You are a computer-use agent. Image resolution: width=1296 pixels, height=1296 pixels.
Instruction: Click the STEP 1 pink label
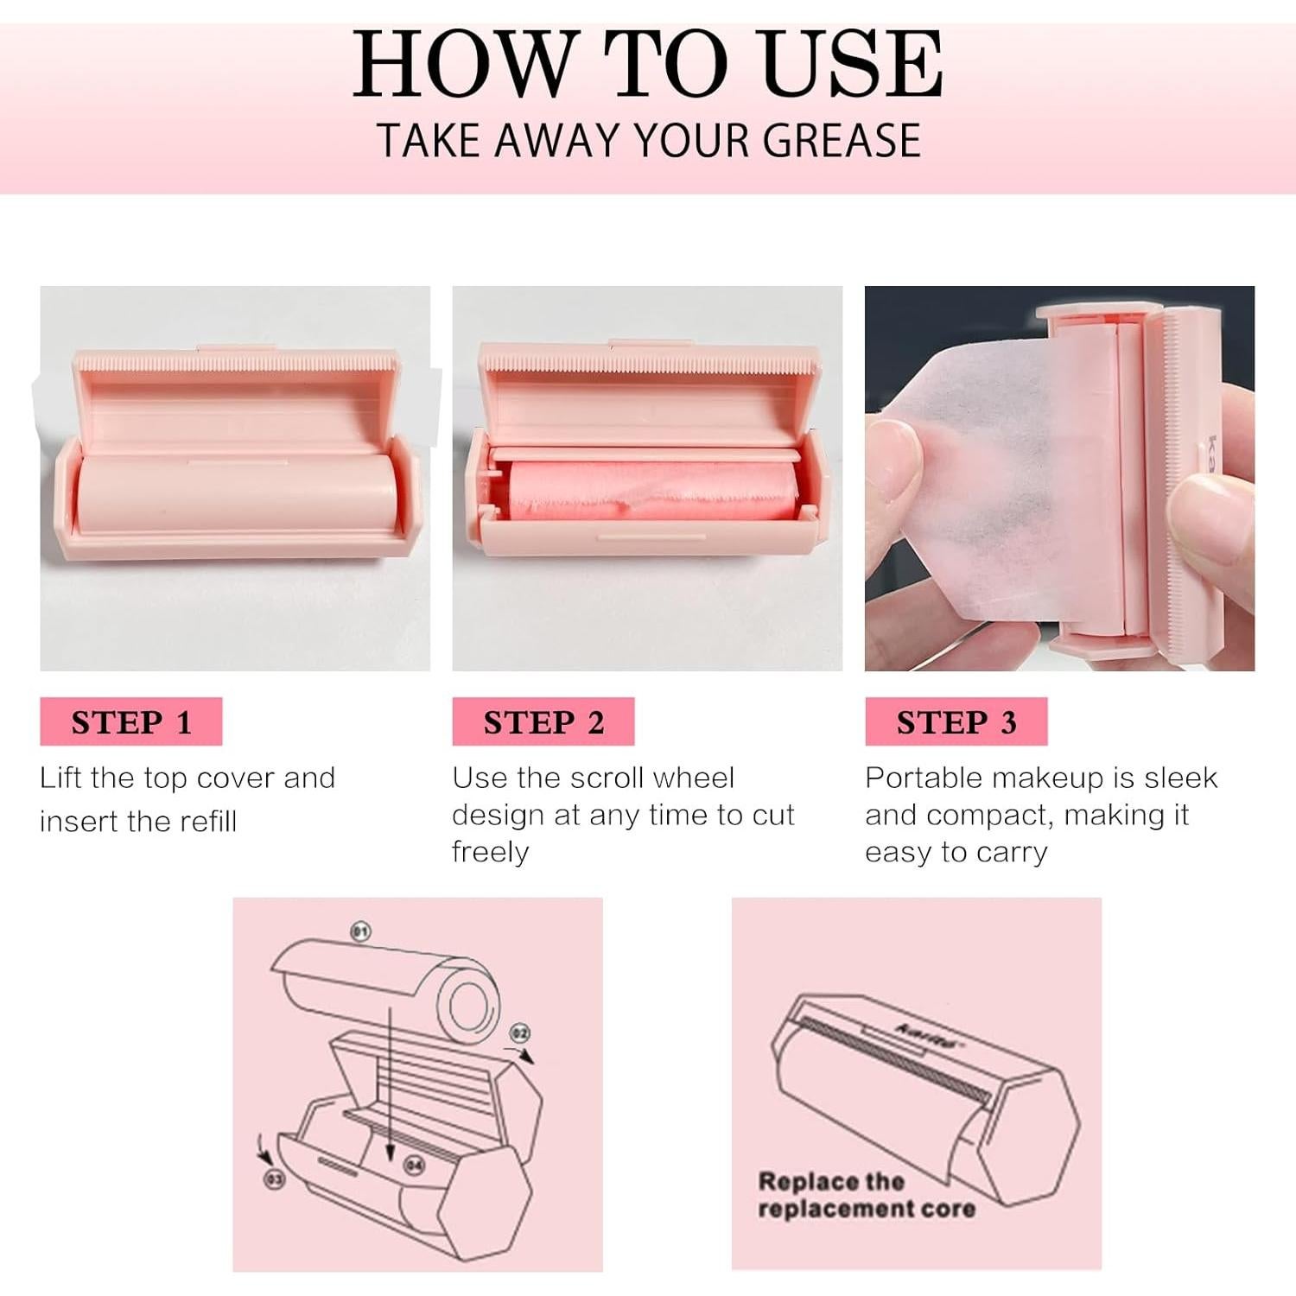point(130,721)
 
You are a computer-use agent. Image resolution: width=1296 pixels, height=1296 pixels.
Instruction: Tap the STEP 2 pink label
point(543,721)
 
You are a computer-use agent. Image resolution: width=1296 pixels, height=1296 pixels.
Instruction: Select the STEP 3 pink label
point(956,721)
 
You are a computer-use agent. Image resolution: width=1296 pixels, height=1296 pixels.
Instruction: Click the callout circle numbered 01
point(360,931)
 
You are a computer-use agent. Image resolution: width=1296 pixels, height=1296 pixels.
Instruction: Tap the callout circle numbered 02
point(519,1032)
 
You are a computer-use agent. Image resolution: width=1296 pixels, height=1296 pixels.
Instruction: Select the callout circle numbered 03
point(274,1178)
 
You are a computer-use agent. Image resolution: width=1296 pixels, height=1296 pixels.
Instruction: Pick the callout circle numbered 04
point(415,1166)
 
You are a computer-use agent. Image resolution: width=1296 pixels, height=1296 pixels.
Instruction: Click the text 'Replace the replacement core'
point(866,1194)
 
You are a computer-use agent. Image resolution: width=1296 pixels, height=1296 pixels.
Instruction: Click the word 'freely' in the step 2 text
point(490,852)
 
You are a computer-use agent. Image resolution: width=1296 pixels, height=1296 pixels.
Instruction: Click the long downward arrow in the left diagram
point(390,1080)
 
